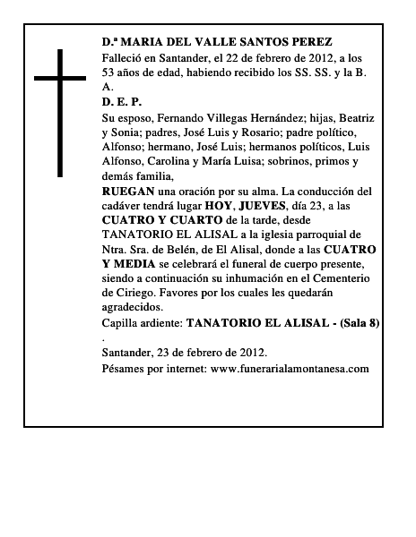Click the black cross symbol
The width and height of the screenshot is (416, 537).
pyautogui.click(x=62, y=112)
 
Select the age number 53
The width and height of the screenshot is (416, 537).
pyautogui.click(x=110, y=72)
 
